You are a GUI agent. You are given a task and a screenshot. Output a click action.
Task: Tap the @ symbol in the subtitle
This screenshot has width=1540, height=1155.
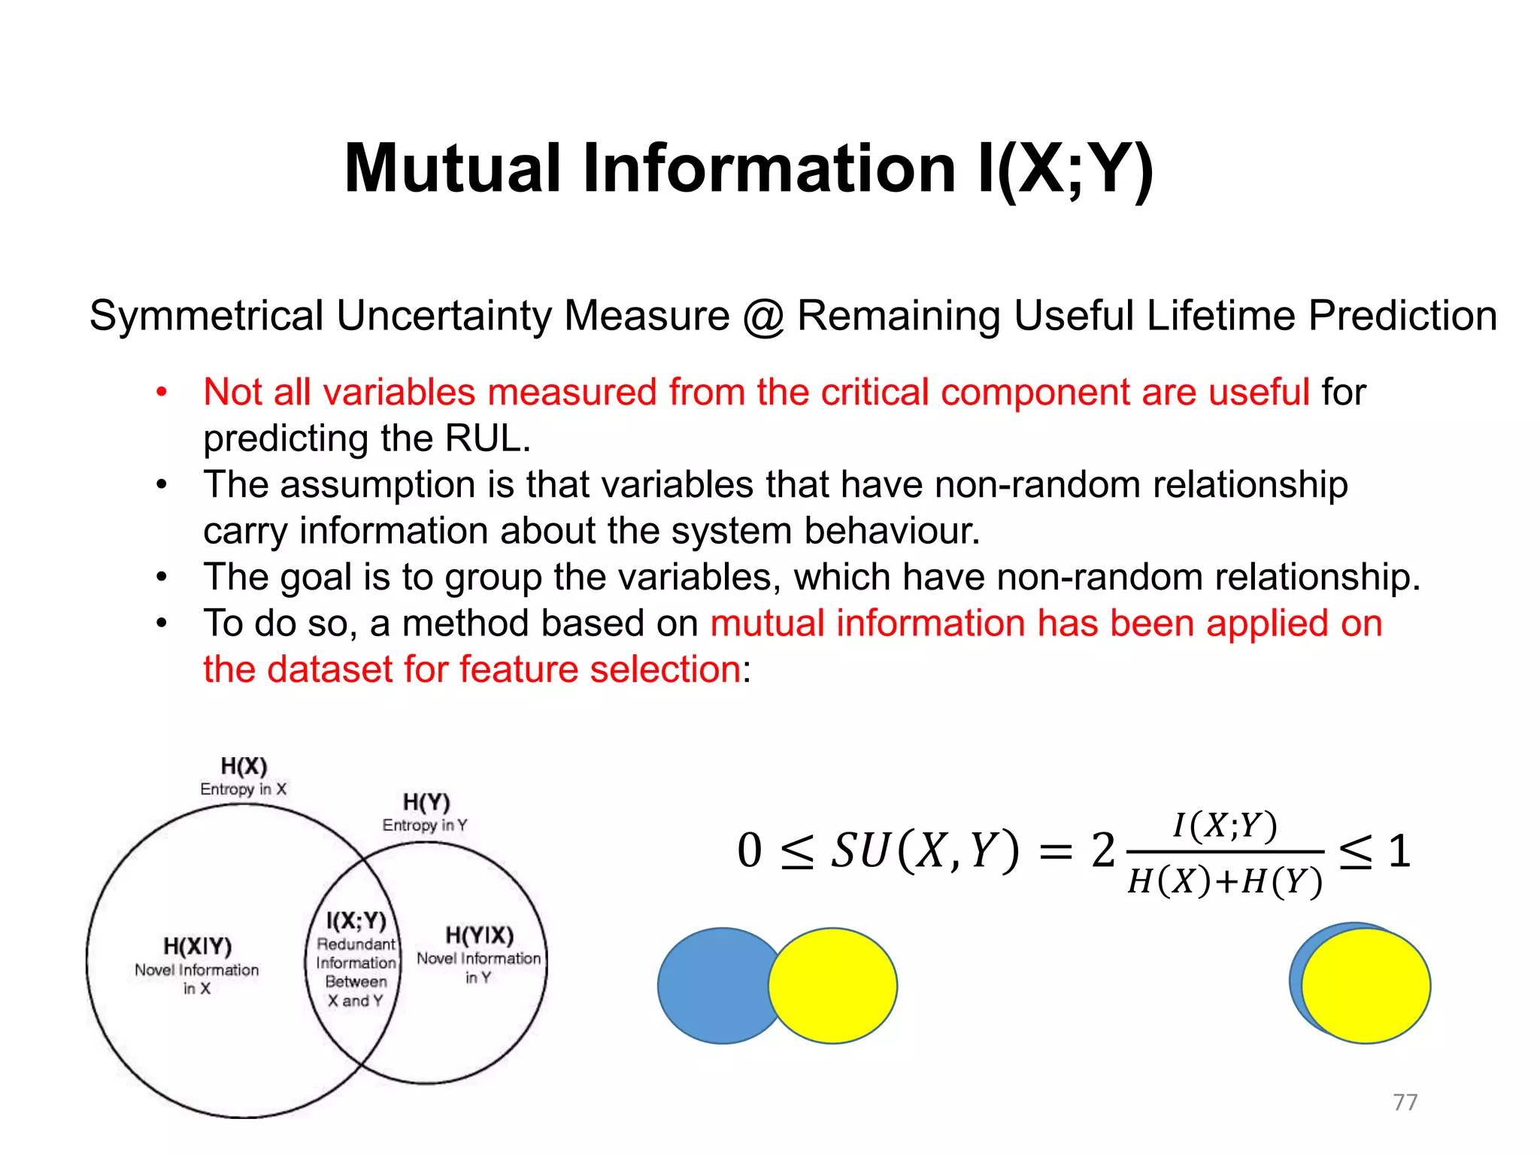(763, 316)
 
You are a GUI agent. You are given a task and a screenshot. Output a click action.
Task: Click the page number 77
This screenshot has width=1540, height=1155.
(1405, 1102)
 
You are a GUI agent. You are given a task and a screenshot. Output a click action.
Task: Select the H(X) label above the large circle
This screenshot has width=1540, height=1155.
(244, 766)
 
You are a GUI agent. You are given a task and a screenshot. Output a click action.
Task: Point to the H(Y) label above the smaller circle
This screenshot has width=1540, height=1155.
(426, 802)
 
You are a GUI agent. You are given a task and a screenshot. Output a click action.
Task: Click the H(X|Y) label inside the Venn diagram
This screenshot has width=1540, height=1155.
(197, 946)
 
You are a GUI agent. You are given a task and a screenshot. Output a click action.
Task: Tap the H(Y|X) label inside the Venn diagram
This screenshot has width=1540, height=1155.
(479, 935)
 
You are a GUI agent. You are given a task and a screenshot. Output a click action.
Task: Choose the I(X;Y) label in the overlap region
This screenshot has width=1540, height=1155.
(356, 921)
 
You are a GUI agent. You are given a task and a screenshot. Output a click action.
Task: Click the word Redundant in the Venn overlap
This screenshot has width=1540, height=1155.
(356, 944)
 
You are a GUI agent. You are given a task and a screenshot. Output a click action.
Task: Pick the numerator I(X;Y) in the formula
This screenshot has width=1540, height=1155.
(1225, 826)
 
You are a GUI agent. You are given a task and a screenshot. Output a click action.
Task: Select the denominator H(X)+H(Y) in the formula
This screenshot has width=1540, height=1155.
(1225, 881)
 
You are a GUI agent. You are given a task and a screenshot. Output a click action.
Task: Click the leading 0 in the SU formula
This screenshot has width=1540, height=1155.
(749, 851)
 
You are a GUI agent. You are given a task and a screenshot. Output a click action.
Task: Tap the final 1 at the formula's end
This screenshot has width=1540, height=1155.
(1399, 851)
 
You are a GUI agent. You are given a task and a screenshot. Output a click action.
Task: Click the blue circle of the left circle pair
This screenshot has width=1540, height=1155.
(711, 986)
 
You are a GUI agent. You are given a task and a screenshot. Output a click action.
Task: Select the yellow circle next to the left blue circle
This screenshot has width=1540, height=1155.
(833, 986)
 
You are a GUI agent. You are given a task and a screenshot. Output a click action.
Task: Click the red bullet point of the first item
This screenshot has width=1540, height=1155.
(161, 393)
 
